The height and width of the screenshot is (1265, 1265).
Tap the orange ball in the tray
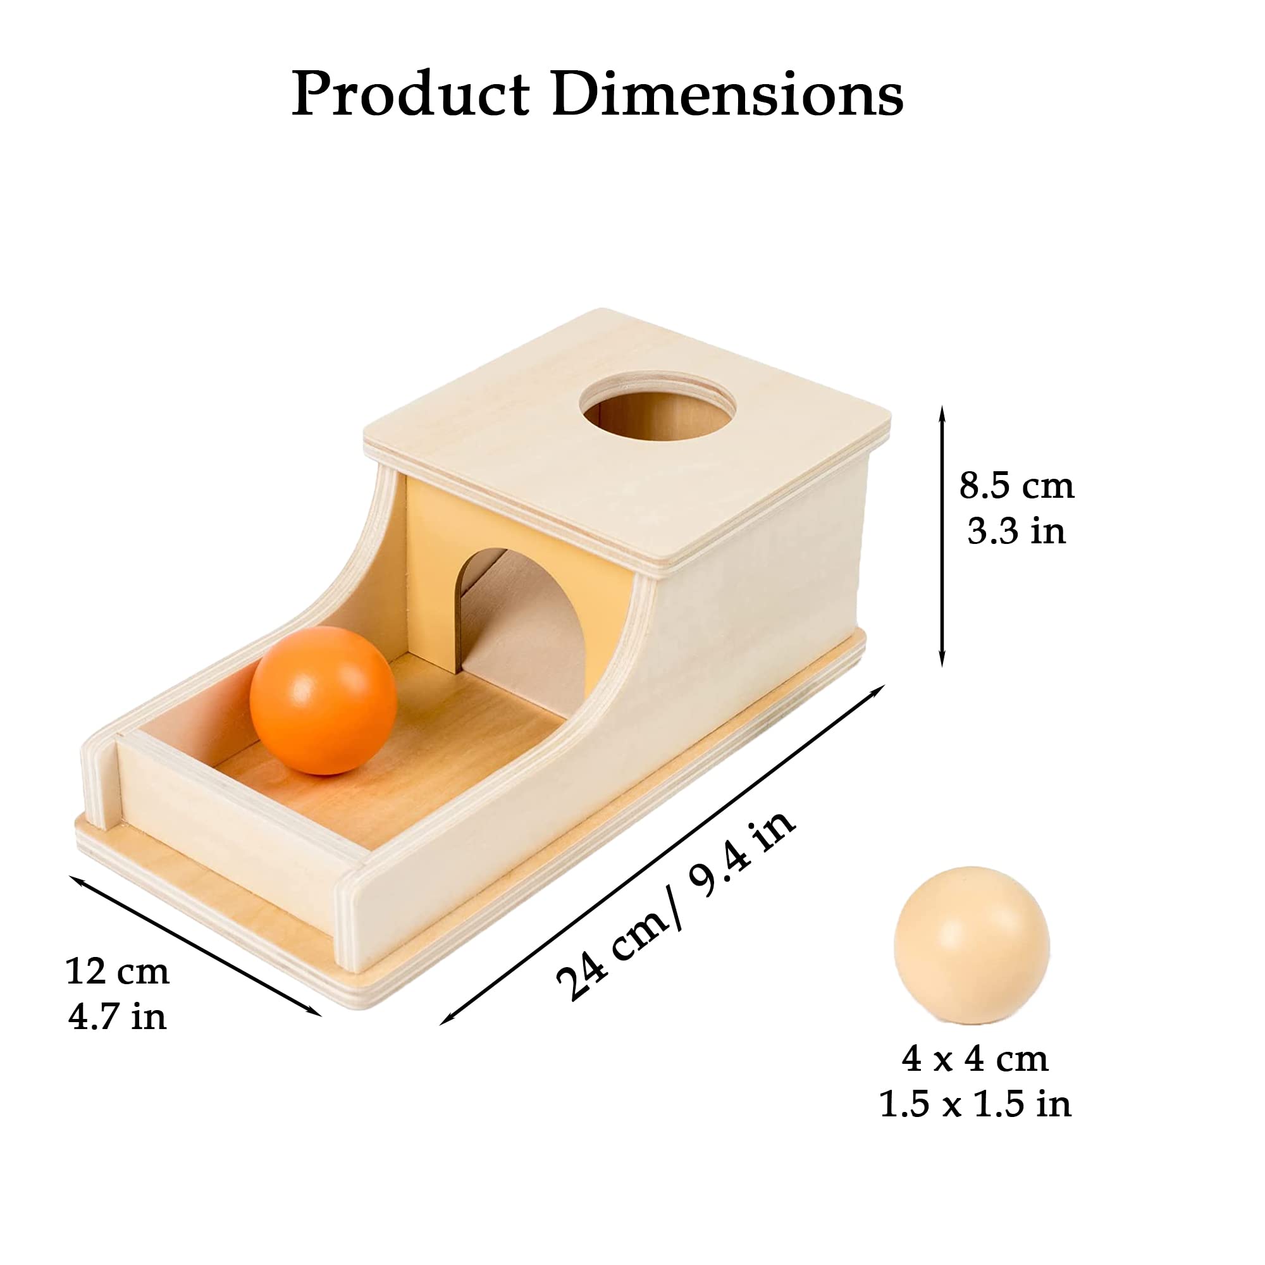pos(323,701)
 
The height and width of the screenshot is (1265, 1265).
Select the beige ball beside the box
pos(972,945)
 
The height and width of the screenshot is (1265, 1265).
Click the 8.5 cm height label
pos(1017,486)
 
